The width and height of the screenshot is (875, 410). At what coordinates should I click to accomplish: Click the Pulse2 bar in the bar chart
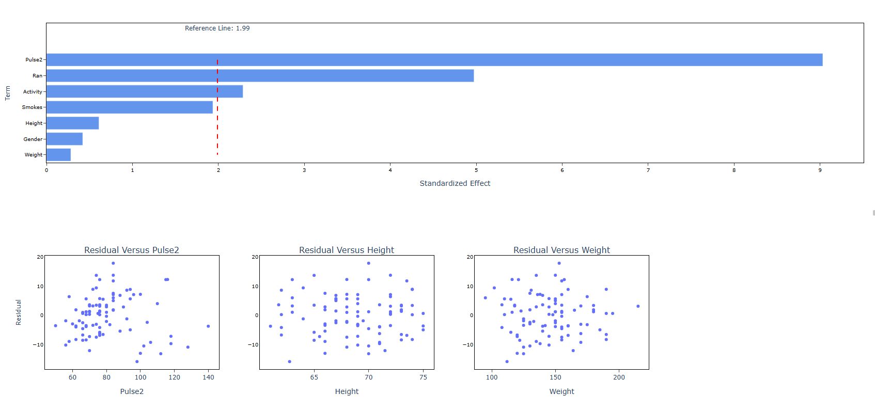click(x=434, y=60)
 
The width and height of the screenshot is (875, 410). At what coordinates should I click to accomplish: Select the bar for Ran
click(x=260, y=76)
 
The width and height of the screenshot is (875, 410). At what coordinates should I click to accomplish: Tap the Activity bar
click(x=145, y=91)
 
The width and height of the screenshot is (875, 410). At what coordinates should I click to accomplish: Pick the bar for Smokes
click(x=129, y=107)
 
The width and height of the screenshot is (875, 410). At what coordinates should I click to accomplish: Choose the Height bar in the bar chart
click(x=72, y=123)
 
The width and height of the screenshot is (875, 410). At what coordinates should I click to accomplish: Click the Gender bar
click(x=65, y=139)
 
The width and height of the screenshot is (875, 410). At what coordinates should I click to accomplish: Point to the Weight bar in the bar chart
click(x=58, y=154)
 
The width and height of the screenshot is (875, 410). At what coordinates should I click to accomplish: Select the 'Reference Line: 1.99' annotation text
click(x=217, y=28)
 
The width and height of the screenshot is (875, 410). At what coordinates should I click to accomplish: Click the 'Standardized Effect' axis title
click(x=455, y=183)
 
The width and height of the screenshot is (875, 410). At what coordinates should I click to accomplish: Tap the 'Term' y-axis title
click(x=8, y=93)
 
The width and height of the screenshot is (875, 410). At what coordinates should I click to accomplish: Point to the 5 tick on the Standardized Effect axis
click(x=476, y=170)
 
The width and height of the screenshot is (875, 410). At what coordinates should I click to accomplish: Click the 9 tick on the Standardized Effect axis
click(x=820, y=170)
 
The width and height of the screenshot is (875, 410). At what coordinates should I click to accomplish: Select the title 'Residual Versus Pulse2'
click(x=132, y=250)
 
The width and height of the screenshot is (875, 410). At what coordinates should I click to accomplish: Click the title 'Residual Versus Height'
click(x=347, y=250)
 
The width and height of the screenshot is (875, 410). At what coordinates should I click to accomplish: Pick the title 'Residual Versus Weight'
click(x=561, y=250)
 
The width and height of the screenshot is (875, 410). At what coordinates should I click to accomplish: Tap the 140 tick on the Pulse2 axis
click(x=208, y=377)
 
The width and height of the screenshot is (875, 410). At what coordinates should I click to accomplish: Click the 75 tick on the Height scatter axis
click(x=423, y=377)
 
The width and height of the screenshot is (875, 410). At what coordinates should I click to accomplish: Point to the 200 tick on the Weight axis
click(x=619, y=377)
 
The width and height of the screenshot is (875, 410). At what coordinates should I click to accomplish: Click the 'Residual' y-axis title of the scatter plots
click(x=19, y=312)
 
